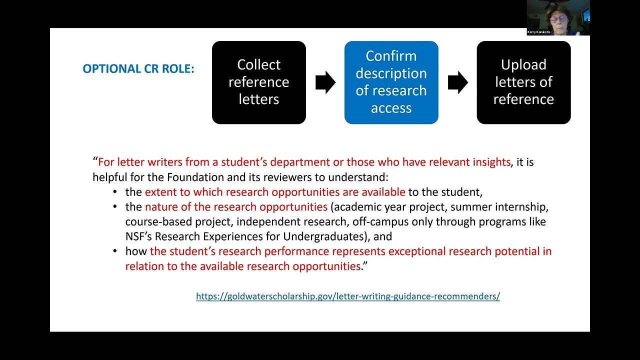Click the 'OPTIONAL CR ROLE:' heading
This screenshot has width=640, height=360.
(x=138, y=69)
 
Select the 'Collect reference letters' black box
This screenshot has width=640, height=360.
(x=259, y=82)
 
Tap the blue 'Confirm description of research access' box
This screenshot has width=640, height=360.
(x=391, y=82)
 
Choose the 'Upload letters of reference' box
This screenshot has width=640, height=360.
(x=523, y=82)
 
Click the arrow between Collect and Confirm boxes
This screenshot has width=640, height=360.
(x=325, y=82)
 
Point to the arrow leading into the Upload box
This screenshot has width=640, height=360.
(x=457, y=82)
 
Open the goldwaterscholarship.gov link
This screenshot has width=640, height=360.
(x=348, y=296)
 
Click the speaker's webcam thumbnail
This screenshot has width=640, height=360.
(x=558, y=17)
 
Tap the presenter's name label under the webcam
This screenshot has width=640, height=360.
(x=538, y=32)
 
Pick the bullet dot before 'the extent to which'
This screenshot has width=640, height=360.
(x=115, y=191)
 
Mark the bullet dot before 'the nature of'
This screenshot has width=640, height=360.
(x=115, y=206)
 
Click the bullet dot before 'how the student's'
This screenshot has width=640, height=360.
(x=115, y=251)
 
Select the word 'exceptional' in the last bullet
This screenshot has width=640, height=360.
(x=417, y=251)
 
